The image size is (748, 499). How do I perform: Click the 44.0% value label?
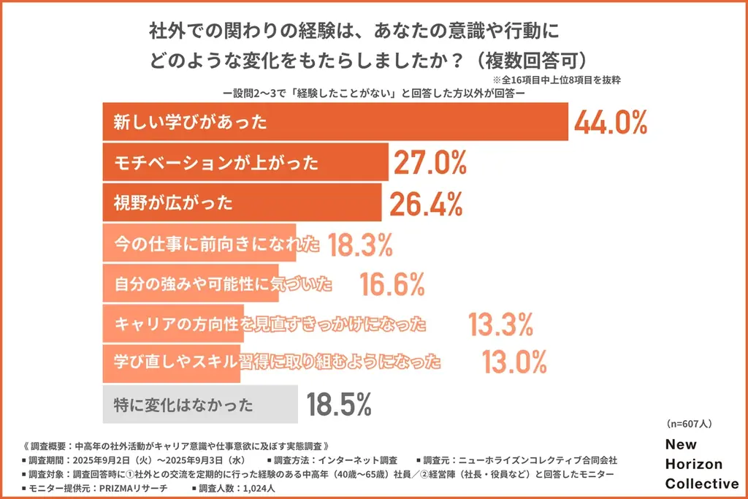[611, 123]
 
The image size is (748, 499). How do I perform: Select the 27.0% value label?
[430, 163]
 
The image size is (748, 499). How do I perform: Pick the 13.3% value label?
[502, 323]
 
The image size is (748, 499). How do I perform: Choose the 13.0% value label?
[514, 362]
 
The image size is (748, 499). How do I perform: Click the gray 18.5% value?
[340, 403]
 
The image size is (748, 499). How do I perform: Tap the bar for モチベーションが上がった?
[245, 162]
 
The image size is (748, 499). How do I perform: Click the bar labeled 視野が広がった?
[241, 202]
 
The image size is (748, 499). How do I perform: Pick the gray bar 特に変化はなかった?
[199, 404]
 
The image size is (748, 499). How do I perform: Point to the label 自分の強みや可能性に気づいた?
[223, 283]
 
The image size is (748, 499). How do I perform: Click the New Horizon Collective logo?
[701, 464]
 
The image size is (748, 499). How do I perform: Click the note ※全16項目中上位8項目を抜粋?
[556, 79]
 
